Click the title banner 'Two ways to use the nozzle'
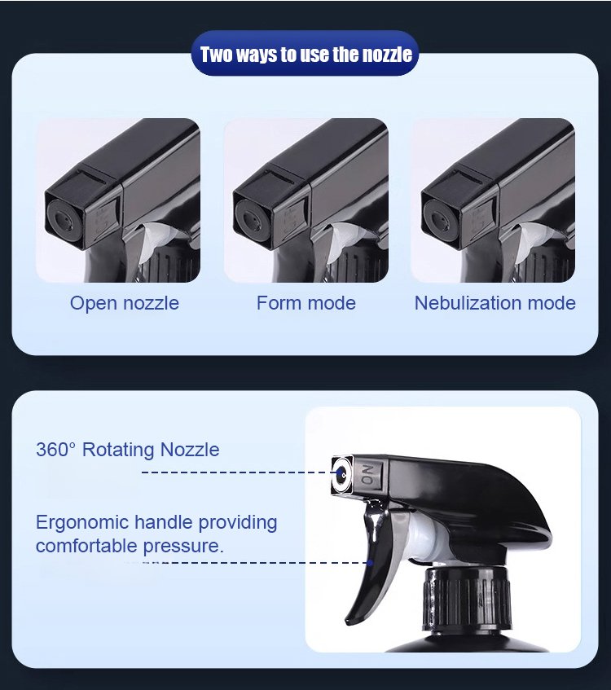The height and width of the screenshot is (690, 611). point(305,55)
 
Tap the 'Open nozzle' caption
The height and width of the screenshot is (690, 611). point(124,303)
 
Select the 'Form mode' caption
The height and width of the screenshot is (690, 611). point(305,303)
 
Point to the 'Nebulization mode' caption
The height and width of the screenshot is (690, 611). point(495,303)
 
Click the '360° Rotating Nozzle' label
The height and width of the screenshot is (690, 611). point(127,449)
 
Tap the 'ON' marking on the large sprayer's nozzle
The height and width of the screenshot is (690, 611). point(367,474)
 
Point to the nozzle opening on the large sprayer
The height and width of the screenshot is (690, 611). point(341,472)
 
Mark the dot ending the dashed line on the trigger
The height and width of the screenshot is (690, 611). point(370,563)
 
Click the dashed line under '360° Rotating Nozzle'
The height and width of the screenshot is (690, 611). point(236,472)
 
